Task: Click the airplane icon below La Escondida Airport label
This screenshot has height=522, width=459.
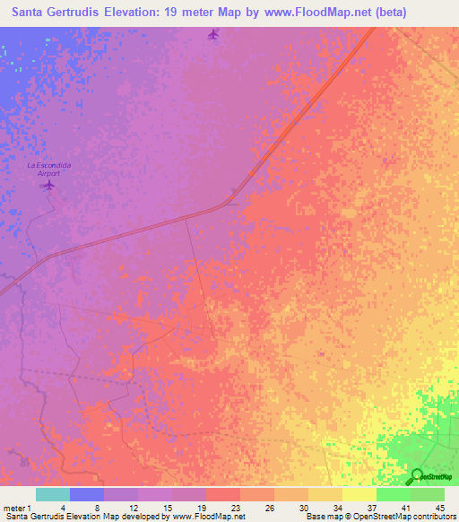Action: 48,185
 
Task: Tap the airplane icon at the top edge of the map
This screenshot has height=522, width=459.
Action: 212,35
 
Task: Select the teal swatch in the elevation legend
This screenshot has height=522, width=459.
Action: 53,494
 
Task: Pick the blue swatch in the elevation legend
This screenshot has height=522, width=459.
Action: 87,494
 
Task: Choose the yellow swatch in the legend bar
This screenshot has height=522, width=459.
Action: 359,494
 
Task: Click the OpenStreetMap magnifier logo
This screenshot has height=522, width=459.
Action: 417,477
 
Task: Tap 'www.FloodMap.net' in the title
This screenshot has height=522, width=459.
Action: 305,13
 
